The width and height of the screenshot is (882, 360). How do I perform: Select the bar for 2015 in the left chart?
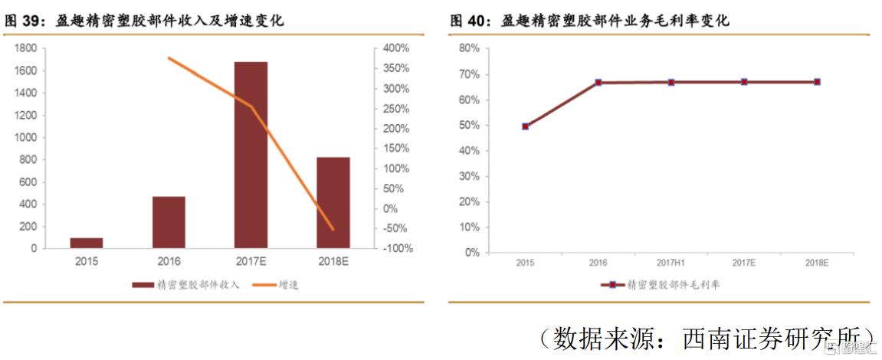(87, 243)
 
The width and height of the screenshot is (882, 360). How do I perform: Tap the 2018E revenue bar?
(333, 202)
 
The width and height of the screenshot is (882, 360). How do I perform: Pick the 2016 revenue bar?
(169, 222)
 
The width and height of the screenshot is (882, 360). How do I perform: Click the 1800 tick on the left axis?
(26, 48)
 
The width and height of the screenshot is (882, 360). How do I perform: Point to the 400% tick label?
(397, 48)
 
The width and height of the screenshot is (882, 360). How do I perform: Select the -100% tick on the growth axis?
(397, 249)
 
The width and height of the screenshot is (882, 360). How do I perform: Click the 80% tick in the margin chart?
(469, 48)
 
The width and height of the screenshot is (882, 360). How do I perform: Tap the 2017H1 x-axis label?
(671, 263)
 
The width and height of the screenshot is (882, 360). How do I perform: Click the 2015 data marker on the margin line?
(525, 126)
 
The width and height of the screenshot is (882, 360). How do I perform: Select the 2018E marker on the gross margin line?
(817, 82)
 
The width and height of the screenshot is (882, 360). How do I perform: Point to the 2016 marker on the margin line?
(598, 82)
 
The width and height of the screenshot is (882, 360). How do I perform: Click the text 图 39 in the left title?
(23, 21)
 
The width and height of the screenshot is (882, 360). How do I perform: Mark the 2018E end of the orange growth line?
(333, 229)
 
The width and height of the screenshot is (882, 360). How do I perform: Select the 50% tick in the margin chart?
(469, 125)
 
